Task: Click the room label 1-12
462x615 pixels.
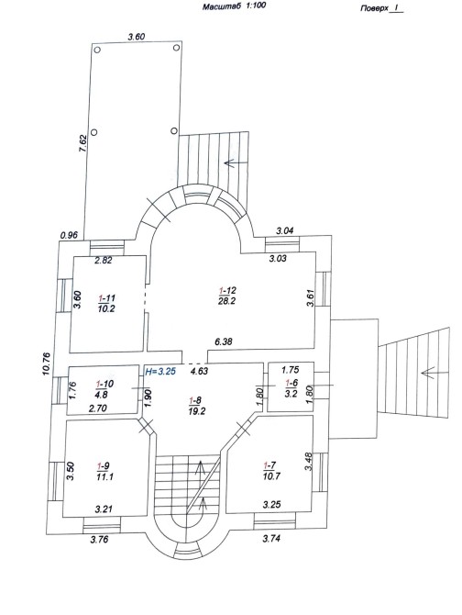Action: [227, 291]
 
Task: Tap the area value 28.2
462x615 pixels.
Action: [227, 301]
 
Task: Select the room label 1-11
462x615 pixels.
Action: [106, 298]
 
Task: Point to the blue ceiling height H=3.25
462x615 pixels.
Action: [160, 371]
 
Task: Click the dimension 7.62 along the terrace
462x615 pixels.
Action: [82, 143]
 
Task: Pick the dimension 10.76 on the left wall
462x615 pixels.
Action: [47, 364]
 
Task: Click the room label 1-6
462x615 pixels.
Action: [291, 383]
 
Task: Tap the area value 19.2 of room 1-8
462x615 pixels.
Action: [196, 411]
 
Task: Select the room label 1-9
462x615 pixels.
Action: [103, 466]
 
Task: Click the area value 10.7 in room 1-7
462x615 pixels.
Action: [271, 475]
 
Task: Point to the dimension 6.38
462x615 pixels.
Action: [224, 341]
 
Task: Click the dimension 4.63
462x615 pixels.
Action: [199, 371]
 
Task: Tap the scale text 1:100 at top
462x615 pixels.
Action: [256, 6]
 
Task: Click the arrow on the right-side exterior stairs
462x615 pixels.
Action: [428, 373]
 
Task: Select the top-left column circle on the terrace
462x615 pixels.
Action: [97, 50]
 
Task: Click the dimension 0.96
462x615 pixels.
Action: [70, 236]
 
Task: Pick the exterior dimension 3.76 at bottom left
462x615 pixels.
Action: [99, 540]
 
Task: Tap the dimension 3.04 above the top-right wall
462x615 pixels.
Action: [285, 230]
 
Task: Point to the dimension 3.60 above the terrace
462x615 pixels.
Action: [137, 37]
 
